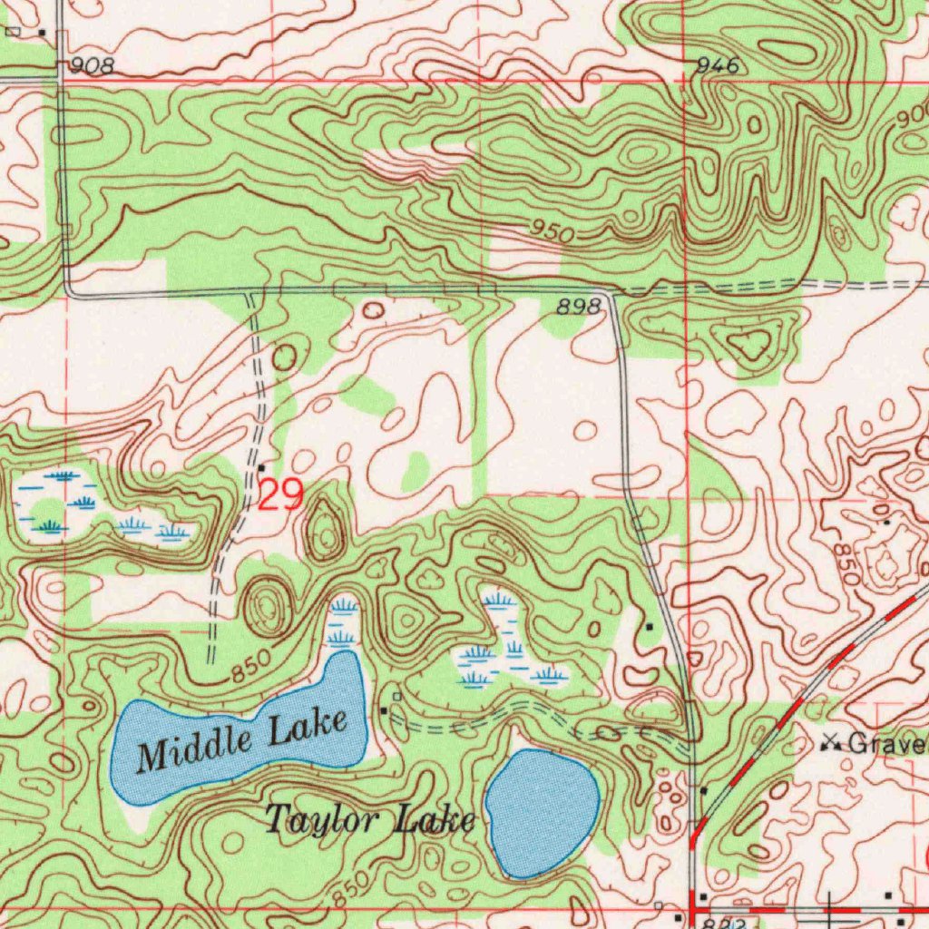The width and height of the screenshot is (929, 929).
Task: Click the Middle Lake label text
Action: [x=242, y=739]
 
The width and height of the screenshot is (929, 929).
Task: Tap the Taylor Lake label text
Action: [x=369, y=821]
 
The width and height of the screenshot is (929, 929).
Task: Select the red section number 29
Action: [x=280, y=495]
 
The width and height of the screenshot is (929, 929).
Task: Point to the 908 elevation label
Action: [x=92, y=66]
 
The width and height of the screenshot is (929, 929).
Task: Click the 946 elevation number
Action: [x=719, y=66]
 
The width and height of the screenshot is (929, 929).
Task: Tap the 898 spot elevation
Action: [x=578, y=308]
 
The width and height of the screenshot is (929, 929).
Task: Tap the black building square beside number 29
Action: [x=261, y=468]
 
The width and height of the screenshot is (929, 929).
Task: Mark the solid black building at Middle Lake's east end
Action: [x=385, y=709]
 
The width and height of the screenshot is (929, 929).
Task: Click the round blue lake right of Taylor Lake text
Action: [x=542, y=812]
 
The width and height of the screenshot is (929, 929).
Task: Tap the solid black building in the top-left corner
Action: [x=42, y=33]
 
